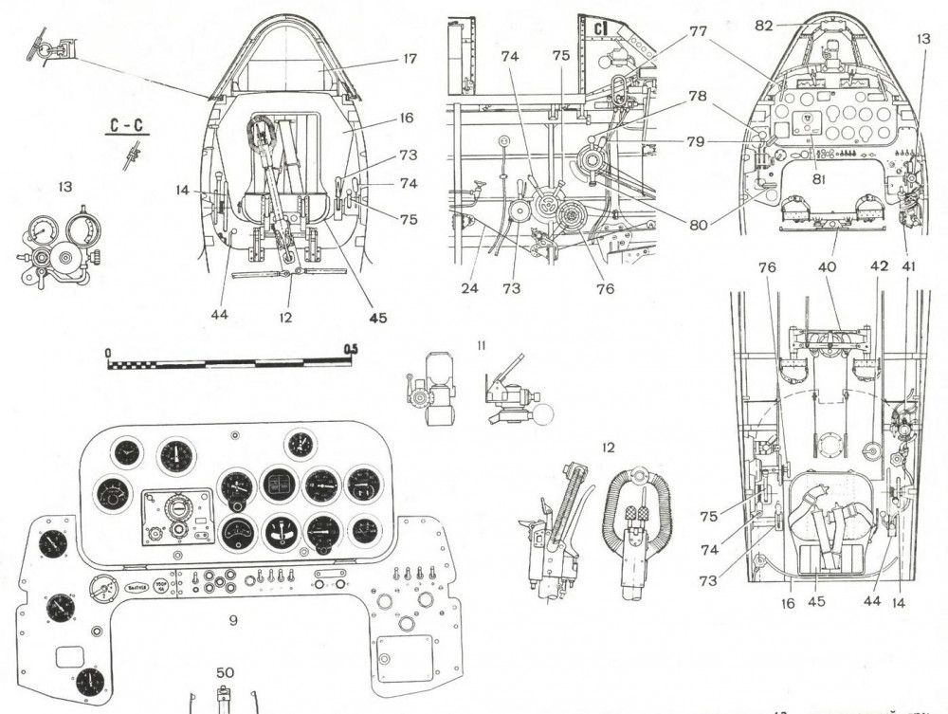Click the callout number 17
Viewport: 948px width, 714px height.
coord(410,59)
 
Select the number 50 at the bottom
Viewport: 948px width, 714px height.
coord(224,672)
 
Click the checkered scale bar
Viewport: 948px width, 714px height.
coord(228,362)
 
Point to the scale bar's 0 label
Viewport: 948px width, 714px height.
coord(109,351)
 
